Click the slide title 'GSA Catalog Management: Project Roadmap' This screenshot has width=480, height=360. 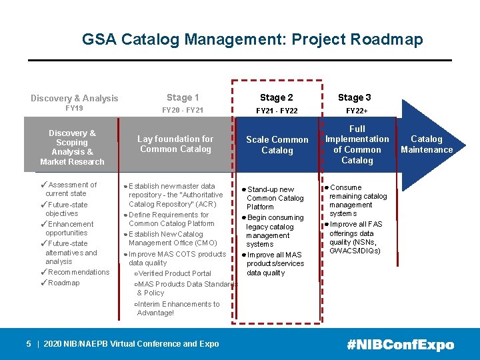252,39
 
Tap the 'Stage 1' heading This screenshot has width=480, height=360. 183,97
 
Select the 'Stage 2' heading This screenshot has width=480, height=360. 276,97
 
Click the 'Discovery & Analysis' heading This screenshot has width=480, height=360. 75,98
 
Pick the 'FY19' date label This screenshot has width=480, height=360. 74,109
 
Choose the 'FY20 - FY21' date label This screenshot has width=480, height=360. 183,110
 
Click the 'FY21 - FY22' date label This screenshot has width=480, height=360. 276,110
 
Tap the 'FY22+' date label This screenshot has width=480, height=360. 357,110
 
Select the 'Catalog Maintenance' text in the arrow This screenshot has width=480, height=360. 427,144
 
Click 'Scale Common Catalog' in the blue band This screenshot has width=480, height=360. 277,145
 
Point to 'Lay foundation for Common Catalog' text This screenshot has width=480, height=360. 175,144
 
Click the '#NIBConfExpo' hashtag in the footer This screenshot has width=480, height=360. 400,345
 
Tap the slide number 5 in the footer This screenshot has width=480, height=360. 29,344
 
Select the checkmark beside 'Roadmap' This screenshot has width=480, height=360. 43,283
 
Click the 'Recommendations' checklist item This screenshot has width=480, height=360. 79,272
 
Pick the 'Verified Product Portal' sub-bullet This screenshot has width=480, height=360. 175,273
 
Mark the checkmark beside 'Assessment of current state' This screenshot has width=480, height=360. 43,185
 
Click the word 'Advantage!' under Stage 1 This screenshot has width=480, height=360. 155,313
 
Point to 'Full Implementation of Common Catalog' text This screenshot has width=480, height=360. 357,144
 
